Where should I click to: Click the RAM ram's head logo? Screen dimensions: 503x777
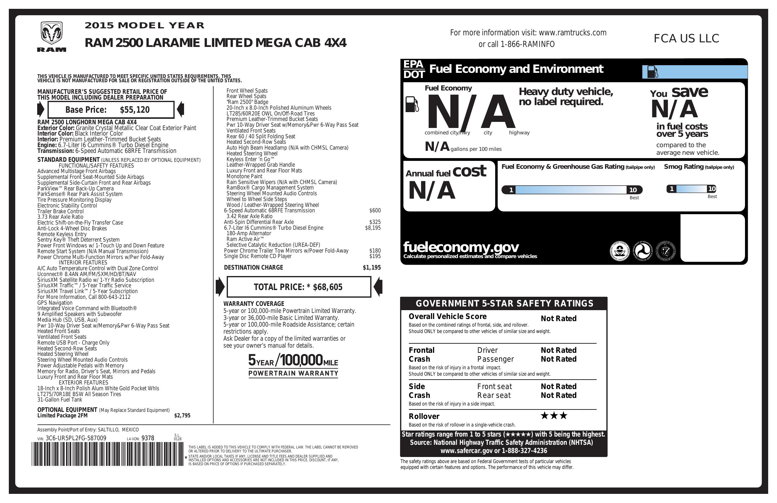tap(51, 33)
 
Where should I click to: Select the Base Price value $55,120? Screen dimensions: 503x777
tap(134, 110)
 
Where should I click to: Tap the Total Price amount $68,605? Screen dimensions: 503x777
tap(328, 287)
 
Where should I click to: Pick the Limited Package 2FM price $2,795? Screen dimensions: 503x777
tap(182, 416)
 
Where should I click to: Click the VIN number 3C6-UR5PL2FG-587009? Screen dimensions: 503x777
tap(76, 438)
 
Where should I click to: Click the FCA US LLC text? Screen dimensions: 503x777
tap(686, 38)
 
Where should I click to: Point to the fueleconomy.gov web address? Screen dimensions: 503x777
tap(461, 247)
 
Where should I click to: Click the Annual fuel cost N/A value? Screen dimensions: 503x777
tap(431, 191)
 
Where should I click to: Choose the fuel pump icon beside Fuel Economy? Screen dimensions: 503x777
tap(412, 104)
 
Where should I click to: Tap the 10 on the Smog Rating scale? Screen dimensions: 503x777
tap(712, 189)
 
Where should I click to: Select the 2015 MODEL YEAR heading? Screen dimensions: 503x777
tap(144, 26)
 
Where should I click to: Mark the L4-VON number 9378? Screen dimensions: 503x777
tap(147, 438)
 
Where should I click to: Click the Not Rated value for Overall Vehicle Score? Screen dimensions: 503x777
tap(558, 319)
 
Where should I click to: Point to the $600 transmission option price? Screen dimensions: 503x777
tap(375, 211)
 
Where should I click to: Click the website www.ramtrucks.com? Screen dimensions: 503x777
tap(572, 33)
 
